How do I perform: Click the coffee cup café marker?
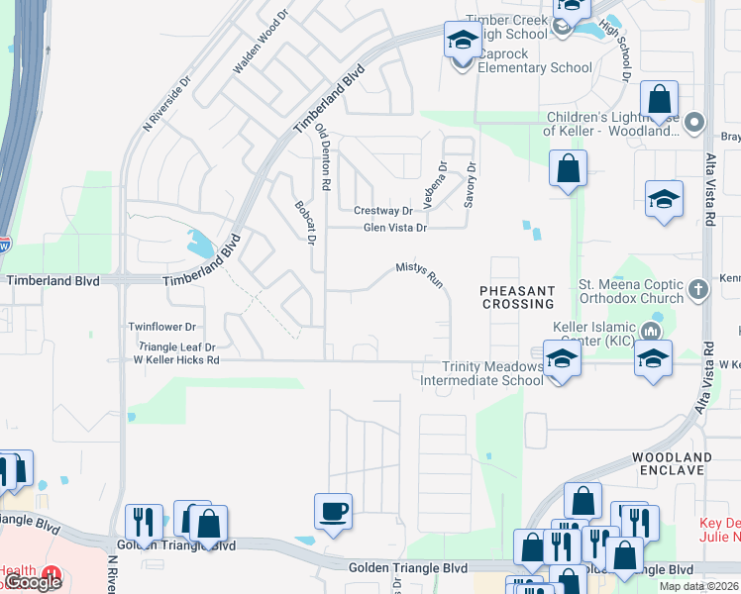click(x=333, y=511)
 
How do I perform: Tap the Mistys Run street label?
click(x=419, y=274)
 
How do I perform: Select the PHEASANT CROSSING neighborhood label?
click(x=516, y=297)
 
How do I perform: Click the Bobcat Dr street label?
click(x=304, y=223)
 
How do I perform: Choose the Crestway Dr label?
click(x=383, y=211)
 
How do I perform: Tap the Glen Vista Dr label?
click(x=394, y=228)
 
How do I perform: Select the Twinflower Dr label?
click(x=162, y=326)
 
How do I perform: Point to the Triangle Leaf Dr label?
click(x=177, y=346)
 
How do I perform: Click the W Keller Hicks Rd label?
click(x=176, y=360)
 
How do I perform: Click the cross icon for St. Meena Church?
click(x=697, y=289)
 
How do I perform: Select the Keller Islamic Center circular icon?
click(x=651, y=330)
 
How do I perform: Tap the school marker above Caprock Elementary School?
click(x=462, y=41)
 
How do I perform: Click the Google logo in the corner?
click(x=34, y=582)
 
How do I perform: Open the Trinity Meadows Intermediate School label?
click(x=481, y=373)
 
